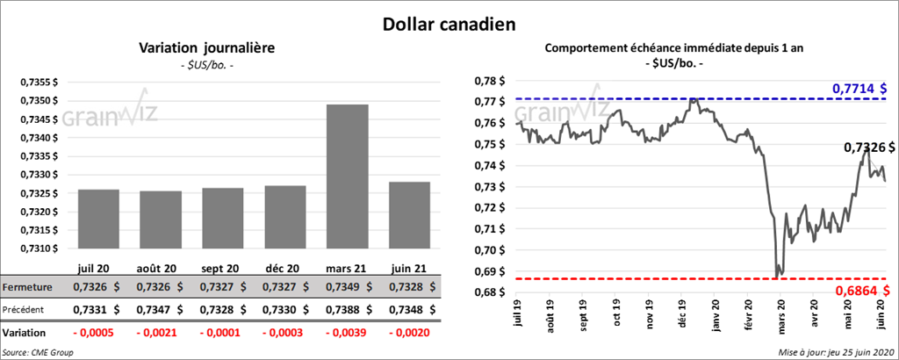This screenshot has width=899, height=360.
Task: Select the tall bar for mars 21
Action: click(x=347, y=176)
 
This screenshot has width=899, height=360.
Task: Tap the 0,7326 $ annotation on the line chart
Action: click(x=869, y=148)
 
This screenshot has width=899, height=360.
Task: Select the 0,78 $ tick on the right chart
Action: click(x=496, y=81)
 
